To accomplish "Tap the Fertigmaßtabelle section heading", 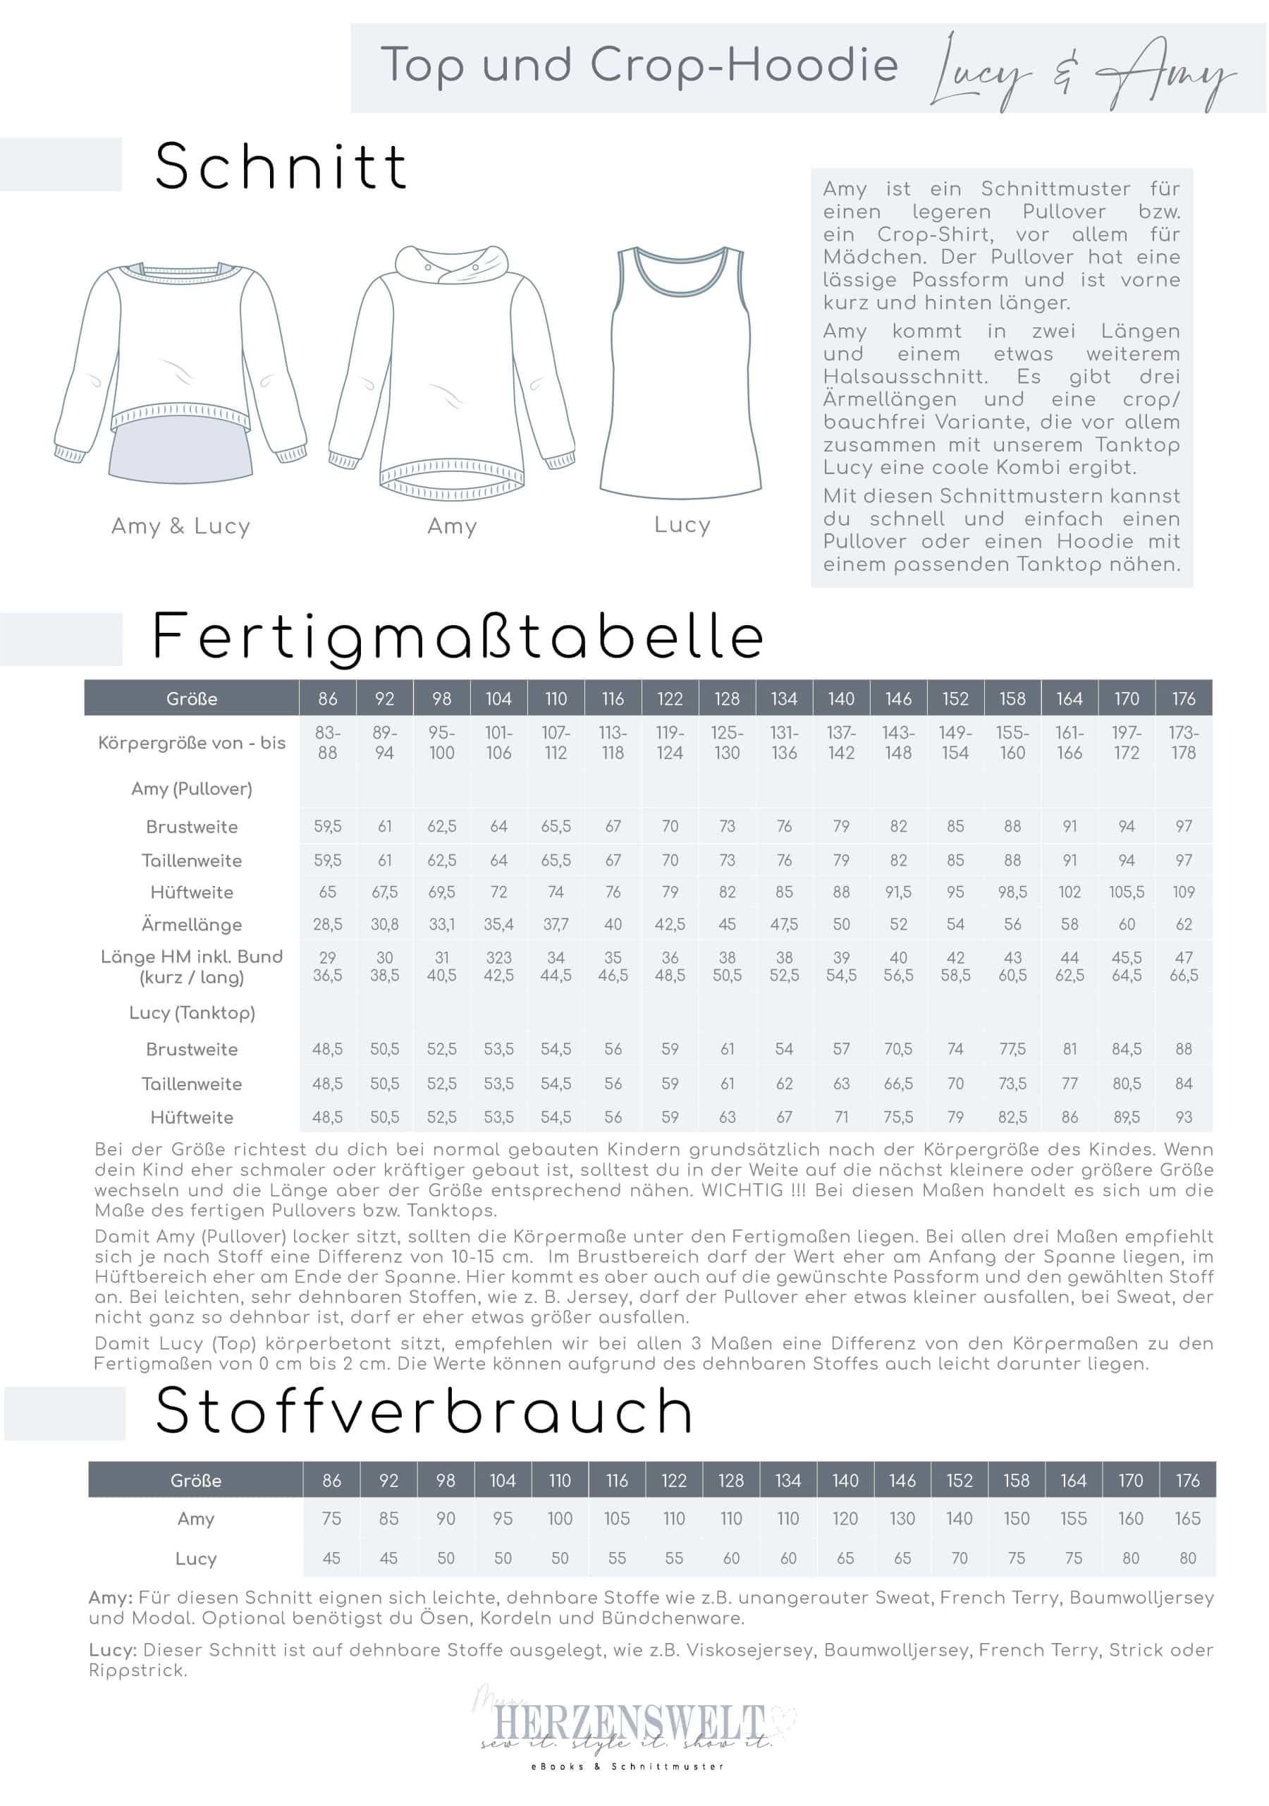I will tap(458, 637).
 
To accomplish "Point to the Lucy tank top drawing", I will tap(681, 374).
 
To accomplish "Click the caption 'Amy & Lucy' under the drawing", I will tap(181, 526).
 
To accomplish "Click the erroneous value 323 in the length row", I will tap(498, 957).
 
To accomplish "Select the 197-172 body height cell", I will tap(1126, 743).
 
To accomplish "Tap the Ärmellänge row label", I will tap(192, 924).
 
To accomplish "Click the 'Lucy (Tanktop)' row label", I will tap(192, 1012).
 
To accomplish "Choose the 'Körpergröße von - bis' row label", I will tap(192, 743).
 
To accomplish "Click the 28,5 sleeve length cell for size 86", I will tap(327, 924).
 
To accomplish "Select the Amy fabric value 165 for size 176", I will tap(1187, 1518).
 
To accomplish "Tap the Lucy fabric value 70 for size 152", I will tap(960, 1558).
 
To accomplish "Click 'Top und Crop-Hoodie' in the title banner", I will tap(639, 66).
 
